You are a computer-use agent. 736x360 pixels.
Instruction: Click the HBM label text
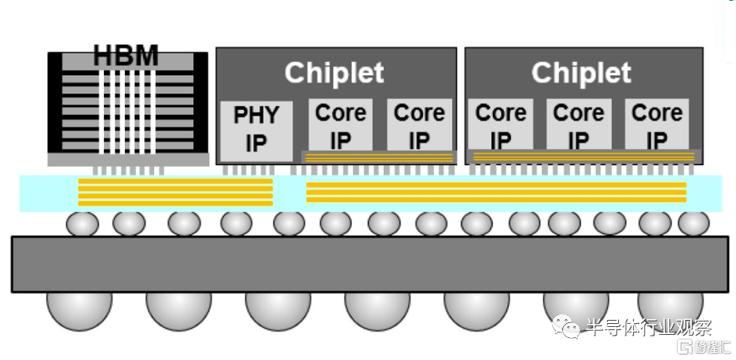click(x=126, y=57)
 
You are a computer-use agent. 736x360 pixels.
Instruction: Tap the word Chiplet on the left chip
click(x=334, y=73)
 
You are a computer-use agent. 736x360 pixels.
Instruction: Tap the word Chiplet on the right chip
click(x=581, y=73)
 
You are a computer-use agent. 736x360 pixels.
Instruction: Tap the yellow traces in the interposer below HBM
click(x=175, y=191)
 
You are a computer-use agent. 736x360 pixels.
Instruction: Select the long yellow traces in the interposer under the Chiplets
click(x=495, y=193)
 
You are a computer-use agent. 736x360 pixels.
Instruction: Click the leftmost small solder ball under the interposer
click(x=82, y=224)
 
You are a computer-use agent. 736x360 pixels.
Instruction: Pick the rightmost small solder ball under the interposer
click(x=694, y=224)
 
